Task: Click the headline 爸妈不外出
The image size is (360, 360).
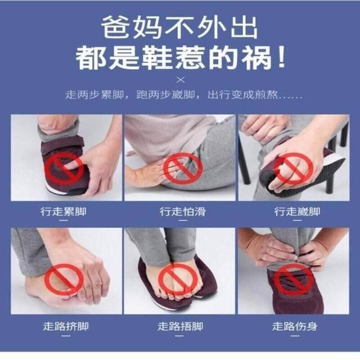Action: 180,28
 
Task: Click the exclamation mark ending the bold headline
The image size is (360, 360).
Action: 281,57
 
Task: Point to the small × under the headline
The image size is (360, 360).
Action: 181,80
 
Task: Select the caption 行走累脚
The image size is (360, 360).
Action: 64,211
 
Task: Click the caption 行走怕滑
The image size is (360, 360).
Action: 183,211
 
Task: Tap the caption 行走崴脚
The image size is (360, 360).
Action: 297,211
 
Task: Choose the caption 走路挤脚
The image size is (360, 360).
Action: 66,326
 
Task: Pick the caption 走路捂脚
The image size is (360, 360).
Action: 180,326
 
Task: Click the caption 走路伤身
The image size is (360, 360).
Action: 295,326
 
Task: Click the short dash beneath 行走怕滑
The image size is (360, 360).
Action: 183,220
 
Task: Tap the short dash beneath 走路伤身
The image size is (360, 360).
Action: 295,336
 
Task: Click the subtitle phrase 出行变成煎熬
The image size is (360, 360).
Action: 242,95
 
